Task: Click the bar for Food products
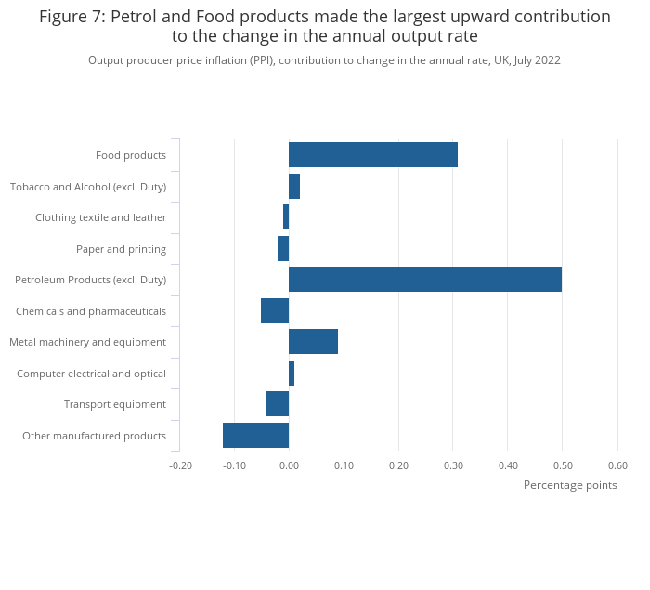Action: coord(372,155)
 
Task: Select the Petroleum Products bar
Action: coord(424,280)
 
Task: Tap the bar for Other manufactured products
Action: coord(255,435)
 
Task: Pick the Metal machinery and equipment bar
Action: coord(313,342)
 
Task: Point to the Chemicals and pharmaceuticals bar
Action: coord(275,310)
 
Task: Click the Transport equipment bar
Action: coord(278,404)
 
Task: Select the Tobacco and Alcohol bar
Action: coord(294,187)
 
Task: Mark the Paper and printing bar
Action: coord(283,249)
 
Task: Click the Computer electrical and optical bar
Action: coord(292,373)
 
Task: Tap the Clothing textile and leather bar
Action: coord(286,217)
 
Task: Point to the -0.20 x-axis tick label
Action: coord(179,465)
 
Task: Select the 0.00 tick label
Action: coord(289,465)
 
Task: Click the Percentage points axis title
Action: coord(569,485)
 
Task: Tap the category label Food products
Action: coord(131,155)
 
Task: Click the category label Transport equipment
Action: coord(115,404)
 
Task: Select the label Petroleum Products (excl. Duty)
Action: coord(91,280)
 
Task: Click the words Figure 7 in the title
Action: coord(71,17)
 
